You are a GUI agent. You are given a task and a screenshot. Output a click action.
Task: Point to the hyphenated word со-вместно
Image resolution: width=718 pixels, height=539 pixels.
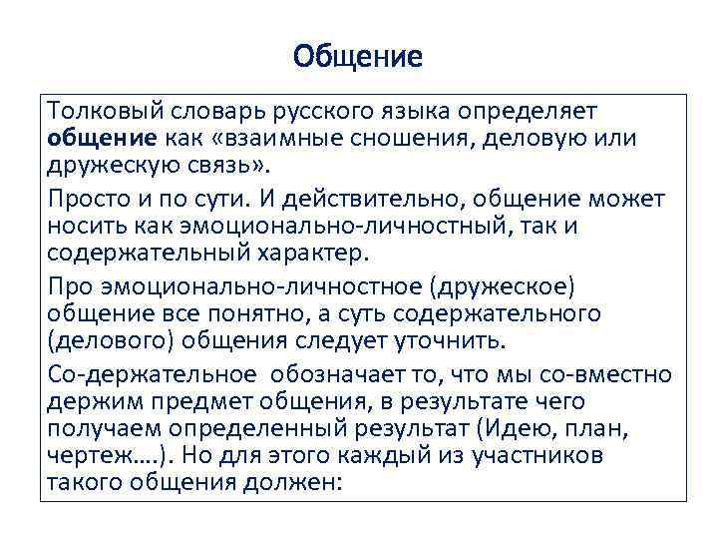608,376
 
